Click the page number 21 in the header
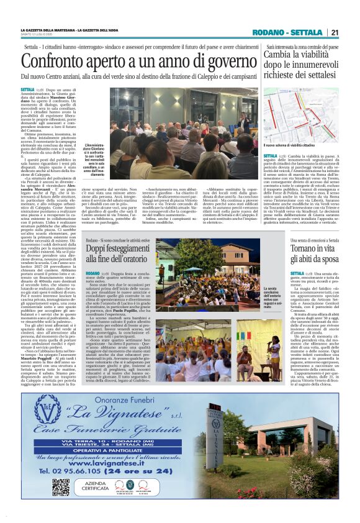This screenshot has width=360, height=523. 335,32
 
